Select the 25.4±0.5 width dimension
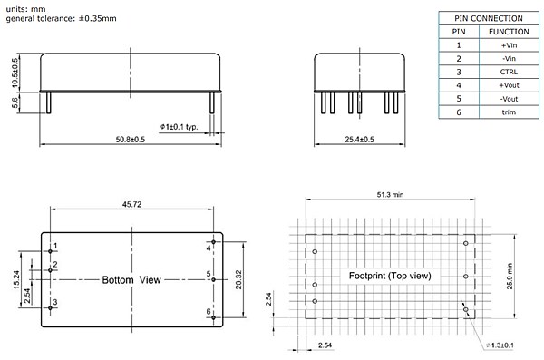[361, 139]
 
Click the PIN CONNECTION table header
[488, 18]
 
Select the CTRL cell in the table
[509, 70]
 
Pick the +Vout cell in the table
[509, 83]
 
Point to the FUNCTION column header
[509, 31]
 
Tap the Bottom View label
[131, 280]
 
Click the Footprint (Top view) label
[390, 276]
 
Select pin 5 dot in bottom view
[214, 280]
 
